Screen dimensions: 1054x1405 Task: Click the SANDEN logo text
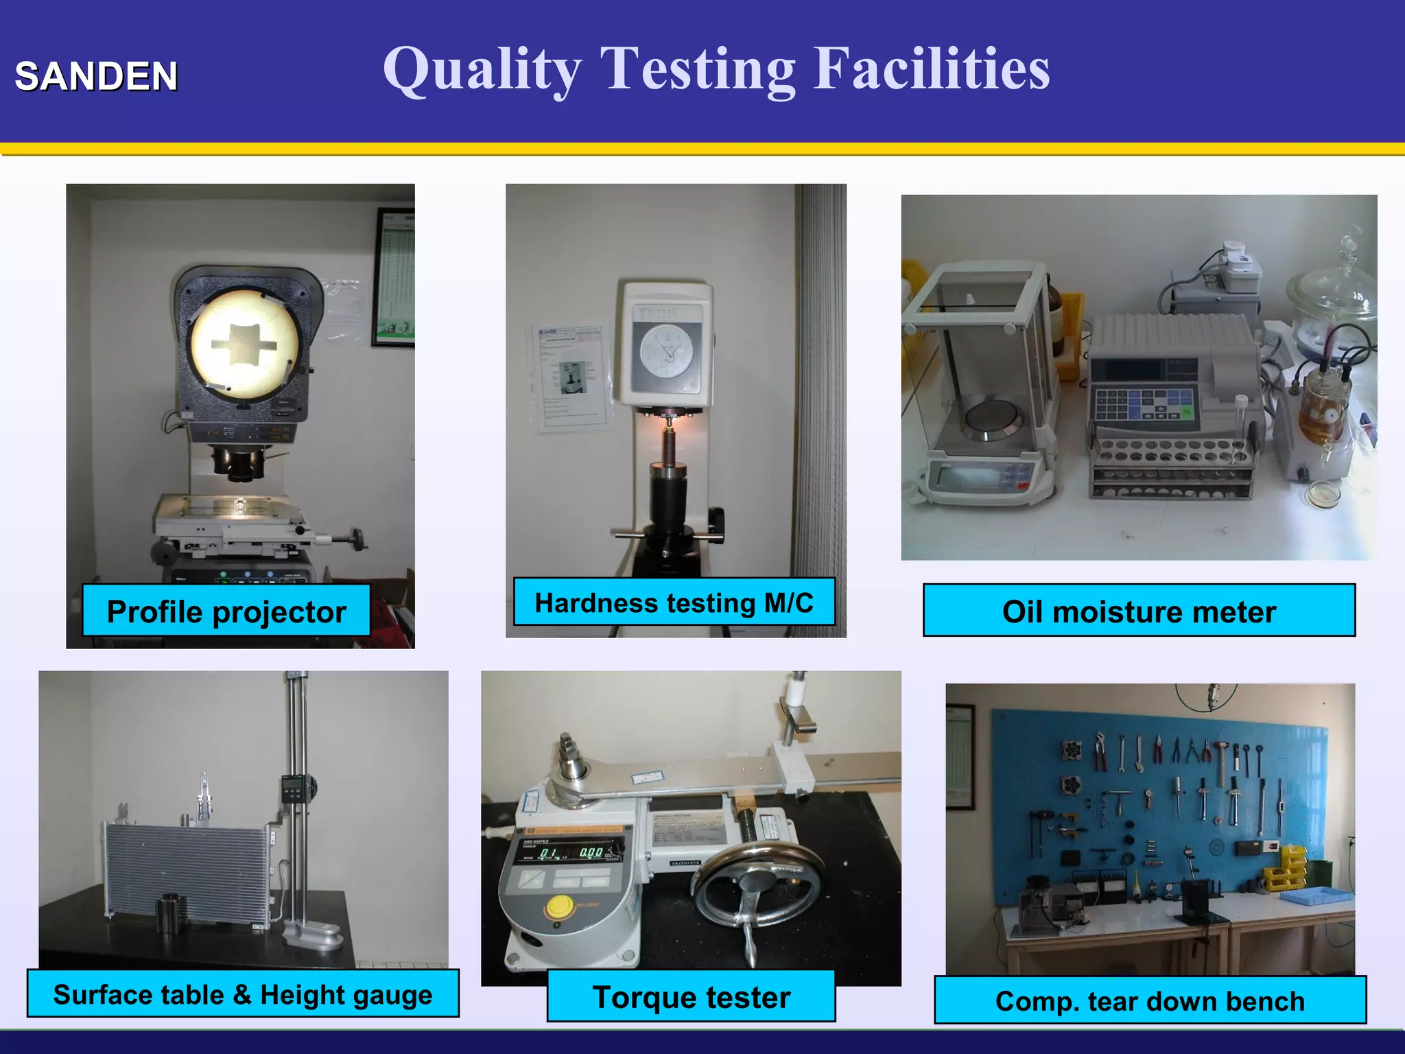(96, 76)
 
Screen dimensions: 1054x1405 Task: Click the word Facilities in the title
(931, 69)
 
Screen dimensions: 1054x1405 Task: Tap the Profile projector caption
(226, 611)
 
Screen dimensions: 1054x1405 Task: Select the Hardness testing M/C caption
(674, 602)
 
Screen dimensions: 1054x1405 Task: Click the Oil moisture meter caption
(1139, 611)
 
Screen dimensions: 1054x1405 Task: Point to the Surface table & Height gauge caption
(243, 994)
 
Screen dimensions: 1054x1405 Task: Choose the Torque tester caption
(691, 997)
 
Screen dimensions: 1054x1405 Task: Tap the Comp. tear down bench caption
(1150, 1001)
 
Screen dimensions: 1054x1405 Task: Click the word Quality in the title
(482, 70)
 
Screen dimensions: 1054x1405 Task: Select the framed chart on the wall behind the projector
(394, 277)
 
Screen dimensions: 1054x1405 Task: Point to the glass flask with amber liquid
(1321, 405)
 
